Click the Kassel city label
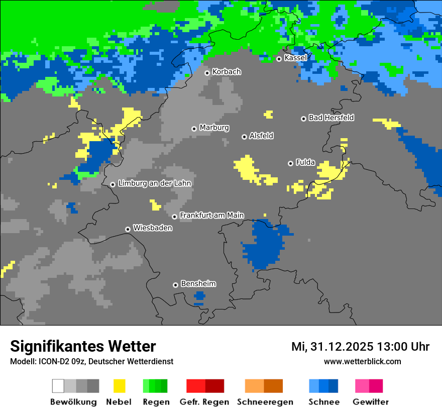(x=295, y=58)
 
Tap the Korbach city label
(x=227, y=72)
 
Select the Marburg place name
(x=214, y=128)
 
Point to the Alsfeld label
(x=261, y=136)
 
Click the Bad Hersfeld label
(x=331, y=118)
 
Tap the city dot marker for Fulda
(x=290, y=163)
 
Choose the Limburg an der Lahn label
(x=154, y=183)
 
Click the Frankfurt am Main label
(x=211, y=216)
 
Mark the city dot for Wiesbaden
(x=128, y=229)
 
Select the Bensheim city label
(x=198, y=284)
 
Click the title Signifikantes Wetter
(x=83, y=346)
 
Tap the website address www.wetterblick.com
(x=362, y=361)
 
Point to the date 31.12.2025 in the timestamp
(x=342, y=347)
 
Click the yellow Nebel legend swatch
(x=119, y=386)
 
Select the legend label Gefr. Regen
(x=204, y=402)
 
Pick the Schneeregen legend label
(x=265, y=402)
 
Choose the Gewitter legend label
(x=370, y=402)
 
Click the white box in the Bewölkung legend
(x=58, y=386)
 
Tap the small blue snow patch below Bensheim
(x=199, y=296)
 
